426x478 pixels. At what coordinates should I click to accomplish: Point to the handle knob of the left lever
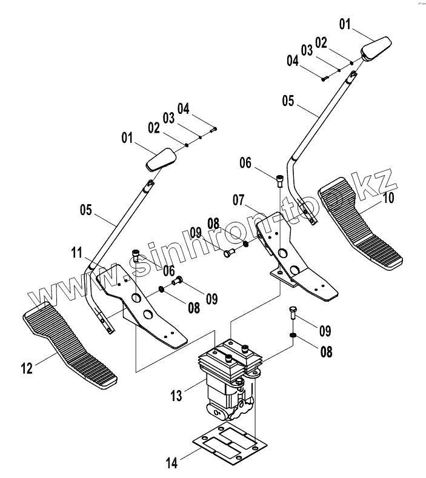[161, 160]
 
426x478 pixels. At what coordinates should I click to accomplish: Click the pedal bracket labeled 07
[291, 261]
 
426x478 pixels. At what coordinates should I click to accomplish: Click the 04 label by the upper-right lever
[293, 61]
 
